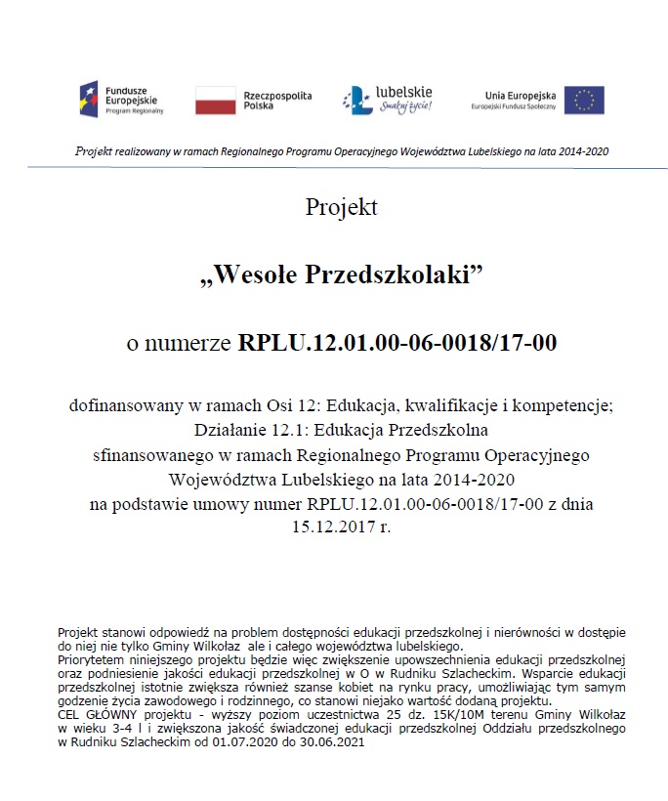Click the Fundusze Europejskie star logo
89,99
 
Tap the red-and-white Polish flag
216,100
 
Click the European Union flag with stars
584,100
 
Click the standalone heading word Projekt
341,207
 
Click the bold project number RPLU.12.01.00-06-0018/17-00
397,343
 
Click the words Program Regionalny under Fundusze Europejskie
134,111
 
